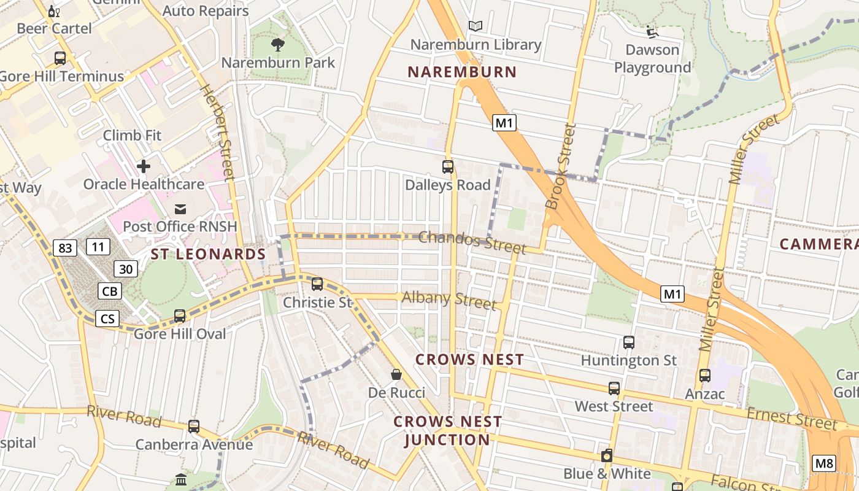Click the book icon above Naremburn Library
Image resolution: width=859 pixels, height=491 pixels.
tap(476, 26)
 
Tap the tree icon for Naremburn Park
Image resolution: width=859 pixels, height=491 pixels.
tap(278, 44)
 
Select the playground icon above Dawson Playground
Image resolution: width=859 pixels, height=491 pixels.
tap(652, 31)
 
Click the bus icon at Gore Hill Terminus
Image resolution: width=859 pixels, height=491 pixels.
tap(60, 58)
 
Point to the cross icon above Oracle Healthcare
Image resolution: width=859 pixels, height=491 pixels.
tap(144, 166)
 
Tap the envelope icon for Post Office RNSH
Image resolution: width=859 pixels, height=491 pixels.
tap(180, 209)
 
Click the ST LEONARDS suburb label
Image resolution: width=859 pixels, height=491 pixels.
tap(208, 254)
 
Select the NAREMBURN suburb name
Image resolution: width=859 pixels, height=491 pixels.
tap(462, 72)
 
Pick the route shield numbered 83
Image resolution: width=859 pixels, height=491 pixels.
tap(65, 248)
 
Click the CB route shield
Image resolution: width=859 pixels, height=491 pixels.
tap(109, 291)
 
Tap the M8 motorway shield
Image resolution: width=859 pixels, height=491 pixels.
tap(823, 463)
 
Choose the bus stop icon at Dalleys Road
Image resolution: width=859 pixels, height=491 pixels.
tap(448, 166)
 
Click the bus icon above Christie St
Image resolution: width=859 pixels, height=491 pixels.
tap(317, 284)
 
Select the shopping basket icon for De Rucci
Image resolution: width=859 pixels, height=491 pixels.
tap(396, 374)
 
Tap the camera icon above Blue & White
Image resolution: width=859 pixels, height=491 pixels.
tap(607, 455)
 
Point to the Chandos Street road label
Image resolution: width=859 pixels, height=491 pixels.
tap(472, 242)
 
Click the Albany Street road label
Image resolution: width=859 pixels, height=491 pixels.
tap(449, 300)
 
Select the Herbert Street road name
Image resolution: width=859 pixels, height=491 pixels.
tap(218, 132)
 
